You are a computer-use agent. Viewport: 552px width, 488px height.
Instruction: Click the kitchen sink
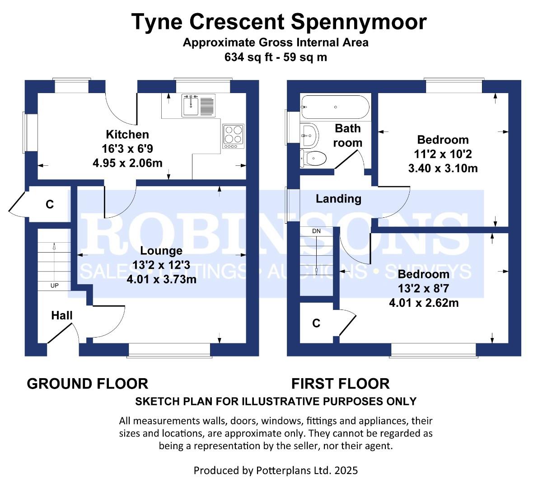198,105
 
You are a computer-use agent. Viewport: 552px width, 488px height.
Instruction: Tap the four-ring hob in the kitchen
234,136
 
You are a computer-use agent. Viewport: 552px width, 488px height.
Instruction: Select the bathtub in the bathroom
335,107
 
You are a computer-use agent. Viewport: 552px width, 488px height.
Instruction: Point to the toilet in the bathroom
313,158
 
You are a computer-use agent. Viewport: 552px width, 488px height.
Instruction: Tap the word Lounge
161,251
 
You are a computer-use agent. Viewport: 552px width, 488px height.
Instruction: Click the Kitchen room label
127,134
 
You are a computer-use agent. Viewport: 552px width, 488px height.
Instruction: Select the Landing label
338,199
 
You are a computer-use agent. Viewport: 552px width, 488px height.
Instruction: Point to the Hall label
62,315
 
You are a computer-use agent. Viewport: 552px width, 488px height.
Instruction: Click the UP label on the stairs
55,286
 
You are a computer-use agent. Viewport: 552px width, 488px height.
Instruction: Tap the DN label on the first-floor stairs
316,231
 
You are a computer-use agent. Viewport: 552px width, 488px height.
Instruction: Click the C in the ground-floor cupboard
50,204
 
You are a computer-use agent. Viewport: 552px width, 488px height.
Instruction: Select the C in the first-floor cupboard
316,324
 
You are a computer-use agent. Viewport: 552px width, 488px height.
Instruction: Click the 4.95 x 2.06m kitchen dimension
127,163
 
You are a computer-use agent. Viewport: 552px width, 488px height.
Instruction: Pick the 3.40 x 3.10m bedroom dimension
443,168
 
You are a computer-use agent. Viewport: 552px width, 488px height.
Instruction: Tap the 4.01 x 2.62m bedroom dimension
424,303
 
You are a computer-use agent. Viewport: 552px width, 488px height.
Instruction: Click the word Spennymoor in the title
359,22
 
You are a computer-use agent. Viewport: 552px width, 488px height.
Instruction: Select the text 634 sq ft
248,57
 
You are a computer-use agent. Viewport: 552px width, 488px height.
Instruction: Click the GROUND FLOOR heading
88,384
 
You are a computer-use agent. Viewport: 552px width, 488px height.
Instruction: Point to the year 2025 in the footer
346,470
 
